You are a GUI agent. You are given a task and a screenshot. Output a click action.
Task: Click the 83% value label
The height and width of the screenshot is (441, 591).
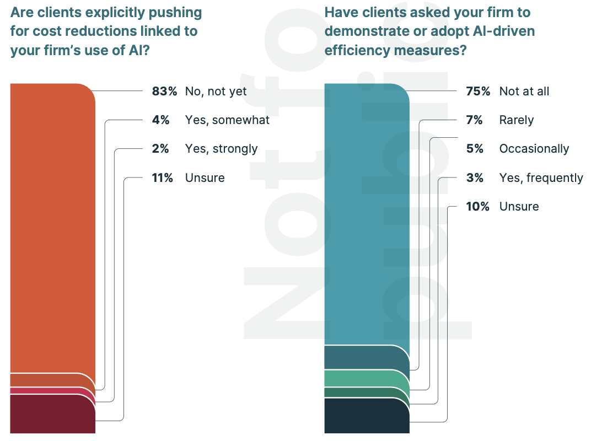pyautogui.click(x=164, y=92)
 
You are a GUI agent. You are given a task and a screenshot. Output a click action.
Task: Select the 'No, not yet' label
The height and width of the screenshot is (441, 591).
pyautogui.click(x=216, y=92)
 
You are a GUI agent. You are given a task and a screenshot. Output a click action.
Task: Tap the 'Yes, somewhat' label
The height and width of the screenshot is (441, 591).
pyautogui.click(x=227, y=120)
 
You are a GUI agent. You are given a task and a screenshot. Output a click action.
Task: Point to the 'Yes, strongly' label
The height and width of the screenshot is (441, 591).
pyautogui.click(x=221, y=149)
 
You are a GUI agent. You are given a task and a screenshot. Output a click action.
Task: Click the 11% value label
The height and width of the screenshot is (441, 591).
pyautogui.click(x=163, y=178)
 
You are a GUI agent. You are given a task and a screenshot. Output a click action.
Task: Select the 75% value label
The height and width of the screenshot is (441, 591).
pyautogui.click(x=478, y=92)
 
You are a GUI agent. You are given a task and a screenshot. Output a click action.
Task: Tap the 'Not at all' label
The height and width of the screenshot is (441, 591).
pyautogui.click(x=524, y=92)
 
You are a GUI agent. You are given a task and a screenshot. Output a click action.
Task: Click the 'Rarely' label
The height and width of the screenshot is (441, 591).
pyautogui.click(x=516, y=120)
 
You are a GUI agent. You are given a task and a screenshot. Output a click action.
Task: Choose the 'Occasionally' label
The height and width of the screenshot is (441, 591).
pyautogui.click(x=534, y=149)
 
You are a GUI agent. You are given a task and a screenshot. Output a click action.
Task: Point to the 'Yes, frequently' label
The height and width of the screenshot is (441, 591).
pyautogui.click(x=541, y=178)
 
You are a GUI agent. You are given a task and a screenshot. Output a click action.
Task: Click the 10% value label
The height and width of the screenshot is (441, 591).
pyautogui.click(x=477, y=206)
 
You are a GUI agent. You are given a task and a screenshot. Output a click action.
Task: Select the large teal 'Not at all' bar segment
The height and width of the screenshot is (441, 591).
pyautogui.click(x=367, y=215)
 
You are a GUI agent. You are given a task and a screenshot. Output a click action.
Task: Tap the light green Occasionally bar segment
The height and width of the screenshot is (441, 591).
pyautogui.click(x=367, y=378)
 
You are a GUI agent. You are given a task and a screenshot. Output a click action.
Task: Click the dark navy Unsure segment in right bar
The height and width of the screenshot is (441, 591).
pyautogui.click(x=367, y=416)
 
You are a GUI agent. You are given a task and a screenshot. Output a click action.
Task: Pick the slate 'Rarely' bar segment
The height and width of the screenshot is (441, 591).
pyautogui.click(x=367, y=357)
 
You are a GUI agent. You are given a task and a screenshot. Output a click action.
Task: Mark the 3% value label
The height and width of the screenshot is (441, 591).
pyautogui.click(x=475, y=178)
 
